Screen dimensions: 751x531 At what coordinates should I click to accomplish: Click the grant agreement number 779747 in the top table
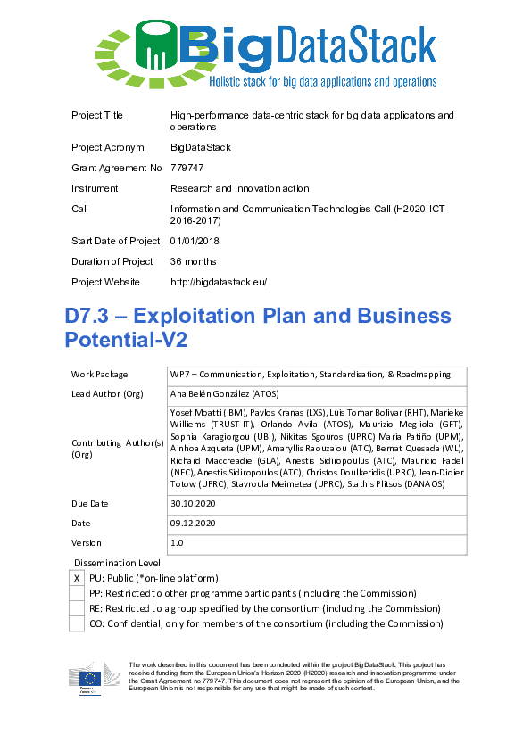(x=187, y=168)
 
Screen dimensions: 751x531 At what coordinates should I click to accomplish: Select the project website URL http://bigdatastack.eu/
(x=219, y=282)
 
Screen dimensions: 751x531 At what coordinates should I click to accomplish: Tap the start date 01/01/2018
(x=195, y=241)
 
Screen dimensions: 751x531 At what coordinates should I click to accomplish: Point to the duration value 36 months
(x=193, y=261)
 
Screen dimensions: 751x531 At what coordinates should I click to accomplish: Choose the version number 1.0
(x=177, y=542)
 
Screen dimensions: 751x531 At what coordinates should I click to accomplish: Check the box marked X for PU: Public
(x=77, y=578)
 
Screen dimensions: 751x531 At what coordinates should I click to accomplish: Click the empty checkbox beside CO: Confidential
(x=77, y=623)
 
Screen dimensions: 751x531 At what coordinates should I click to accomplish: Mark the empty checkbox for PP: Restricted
(x=77, y=593)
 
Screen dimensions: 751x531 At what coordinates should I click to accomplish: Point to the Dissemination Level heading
(x=117, y=563)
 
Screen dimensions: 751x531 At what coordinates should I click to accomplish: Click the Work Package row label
(x=99, y=375)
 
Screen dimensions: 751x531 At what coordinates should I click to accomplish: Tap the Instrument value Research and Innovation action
(x=240, y=188)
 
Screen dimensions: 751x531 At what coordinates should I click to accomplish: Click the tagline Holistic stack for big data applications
(x=322, y=82)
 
